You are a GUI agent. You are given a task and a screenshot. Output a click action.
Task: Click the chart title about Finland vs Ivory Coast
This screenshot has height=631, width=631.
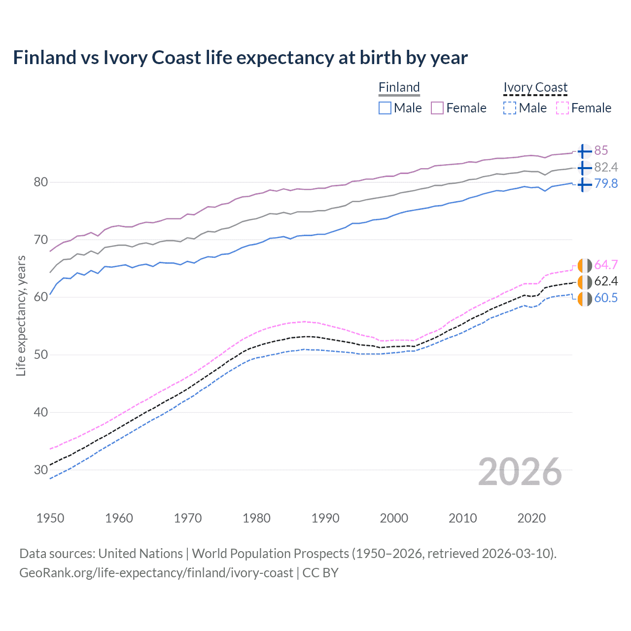pos(240,58)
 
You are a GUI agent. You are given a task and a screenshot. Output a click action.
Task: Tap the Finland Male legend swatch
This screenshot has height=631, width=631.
pos(385,108)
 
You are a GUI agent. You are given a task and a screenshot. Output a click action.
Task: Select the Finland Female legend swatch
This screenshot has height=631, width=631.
pos(437,108)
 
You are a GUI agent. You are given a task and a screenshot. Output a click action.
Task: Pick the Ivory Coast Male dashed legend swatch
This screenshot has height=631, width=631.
pos(510,108)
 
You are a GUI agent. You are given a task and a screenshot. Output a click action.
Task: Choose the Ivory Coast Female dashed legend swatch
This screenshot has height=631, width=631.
pos(562,108)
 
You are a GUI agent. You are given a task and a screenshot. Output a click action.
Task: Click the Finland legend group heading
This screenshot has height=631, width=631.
pos(399,87)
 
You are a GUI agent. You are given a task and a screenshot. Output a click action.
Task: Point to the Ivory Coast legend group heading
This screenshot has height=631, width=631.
pos(535,87)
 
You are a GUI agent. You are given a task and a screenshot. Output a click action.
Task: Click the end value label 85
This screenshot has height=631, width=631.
pos(601,150)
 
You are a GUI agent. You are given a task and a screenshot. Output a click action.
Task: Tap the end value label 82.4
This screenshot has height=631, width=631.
pos(606,167)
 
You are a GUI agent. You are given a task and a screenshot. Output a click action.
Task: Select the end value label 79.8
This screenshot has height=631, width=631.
pos(606,183)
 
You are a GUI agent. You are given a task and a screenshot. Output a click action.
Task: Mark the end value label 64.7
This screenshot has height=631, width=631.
pos(606,265)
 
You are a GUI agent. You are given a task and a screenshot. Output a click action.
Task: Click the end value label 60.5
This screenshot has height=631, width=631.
pos(606,298)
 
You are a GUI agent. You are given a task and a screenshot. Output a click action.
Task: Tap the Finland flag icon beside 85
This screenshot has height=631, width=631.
pos(584,151)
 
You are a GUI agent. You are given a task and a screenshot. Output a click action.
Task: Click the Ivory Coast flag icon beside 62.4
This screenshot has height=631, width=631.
pos(584,282)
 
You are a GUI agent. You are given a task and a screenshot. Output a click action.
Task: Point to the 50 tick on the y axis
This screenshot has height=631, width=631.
pos(41,354)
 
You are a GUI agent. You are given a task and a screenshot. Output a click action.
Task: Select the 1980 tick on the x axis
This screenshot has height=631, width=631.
pos(256,518)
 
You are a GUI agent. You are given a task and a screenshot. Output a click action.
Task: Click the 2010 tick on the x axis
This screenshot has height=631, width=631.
pos(462,518)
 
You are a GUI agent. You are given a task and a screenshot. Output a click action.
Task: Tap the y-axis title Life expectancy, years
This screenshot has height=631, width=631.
pos(21,315)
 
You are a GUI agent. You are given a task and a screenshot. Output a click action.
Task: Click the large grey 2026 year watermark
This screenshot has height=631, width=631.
pos(520,472)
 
